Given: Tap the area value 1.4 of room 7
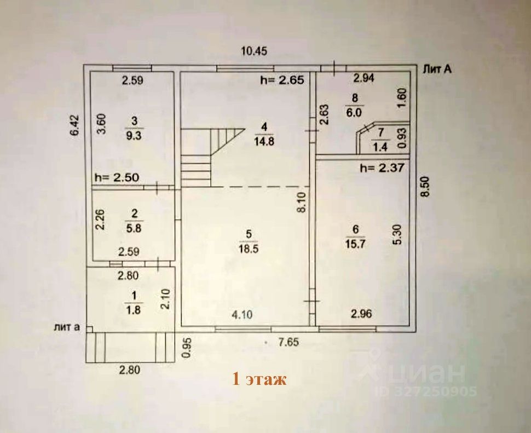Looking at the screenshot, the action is coord(378,146).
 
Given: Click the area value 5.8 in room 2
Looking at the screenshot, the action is coord(133,229).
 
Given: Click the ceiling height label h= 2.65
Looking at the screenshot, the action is coord(281,80).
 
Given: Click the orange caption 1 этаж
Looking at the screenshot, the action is coord(259,379).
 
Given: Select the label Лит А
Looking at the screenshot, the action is coord(437,69).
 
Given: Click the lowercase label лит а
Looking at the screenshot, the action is coord(67,327).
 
